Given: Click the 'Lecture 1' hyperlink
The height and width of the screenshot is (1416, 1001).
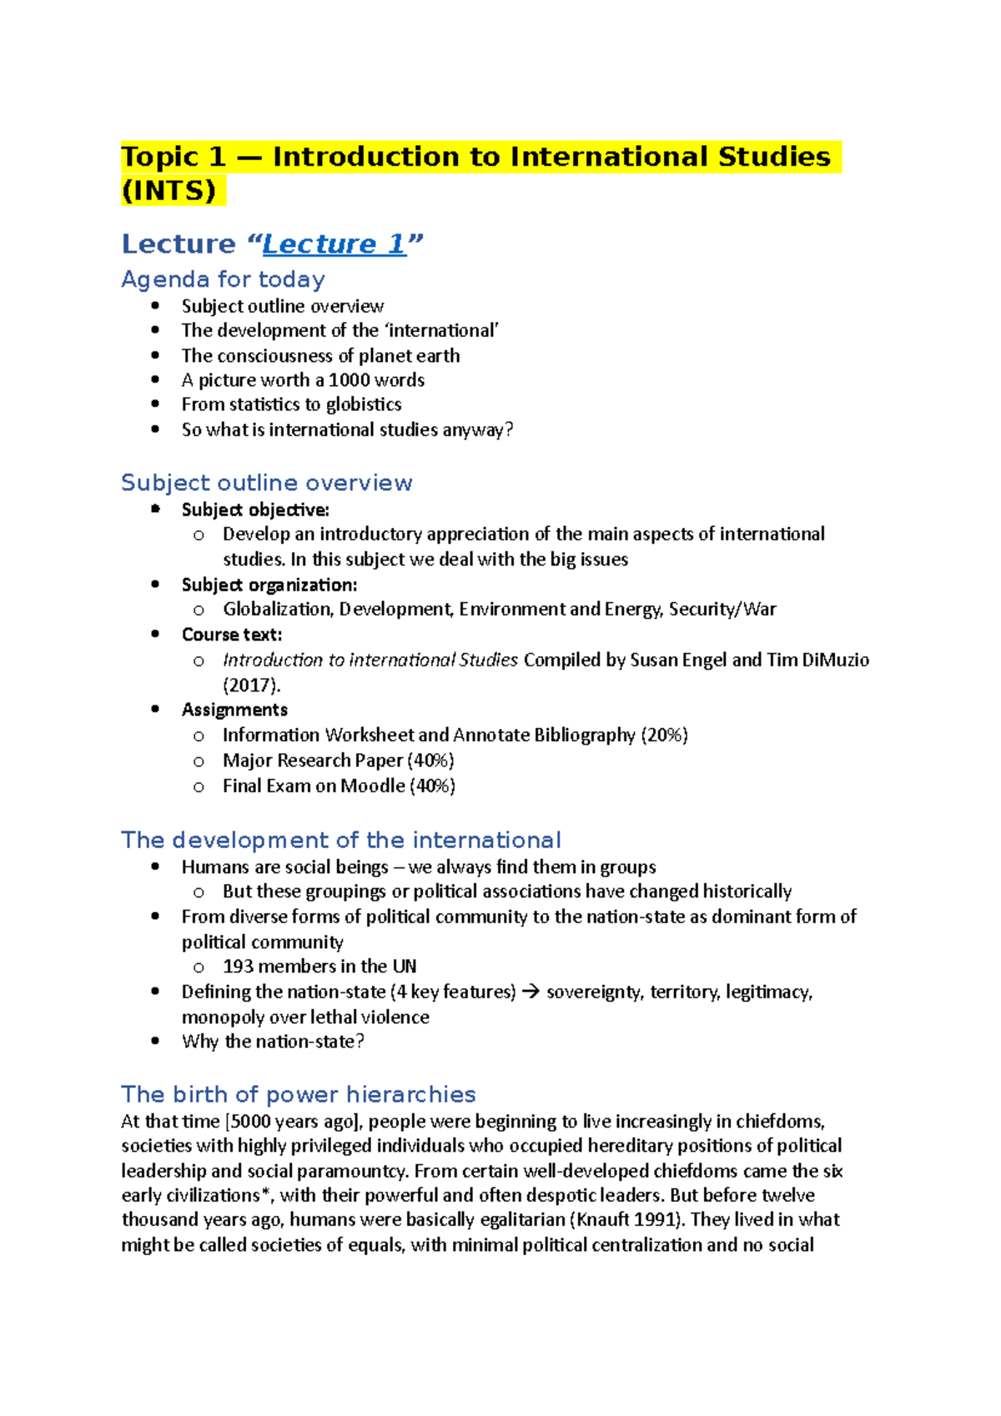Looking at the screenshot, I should pyautogui.click(x=334, y=244).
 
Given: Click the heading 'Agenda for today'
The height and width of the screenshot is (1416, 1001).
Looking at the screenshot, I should pyautogui.click(x=223, y=279).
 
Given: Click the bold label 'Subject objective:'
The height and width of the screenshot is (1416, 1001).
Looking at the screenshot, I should pyautogui.click(x=255, y=510).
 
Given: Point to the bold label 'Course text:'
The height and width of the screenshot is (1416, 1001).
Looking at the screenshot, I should pyautogui.click(x=232, y=635).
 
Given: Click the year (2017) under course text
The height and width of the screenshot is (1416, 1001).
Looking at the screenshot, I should pyautogui.click(x=251, y=685).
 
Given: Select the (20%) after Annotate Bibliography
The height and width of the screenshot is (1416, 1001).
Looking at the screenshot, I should pyautogui.click(x=664, y=736).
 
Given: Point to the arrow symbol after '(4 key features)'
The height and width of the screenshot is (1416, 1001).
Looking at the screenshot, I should pyautogui.click(x=531, y=992).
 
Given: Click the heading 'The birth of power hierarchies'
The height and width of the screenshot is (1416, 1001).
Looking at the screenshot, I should pyautogui.click(x=298, y=1094).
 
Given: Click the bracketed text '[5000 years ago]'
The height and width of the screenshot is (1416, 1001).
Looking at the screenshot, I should pyautogui.click(x=294, y=1122).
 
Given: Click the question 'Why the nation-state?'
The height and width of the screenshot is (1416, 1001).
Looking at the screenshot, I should pyautogui.click(x=273, y=1042).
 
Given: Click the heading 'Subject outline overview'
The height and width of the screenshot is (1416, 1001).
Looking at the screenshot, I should pyautogui.click(x=266, y=483).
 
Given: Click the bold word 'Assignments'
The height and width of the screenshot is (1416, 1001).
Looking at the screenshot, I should pyautogui.click(x=234, y=710).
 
